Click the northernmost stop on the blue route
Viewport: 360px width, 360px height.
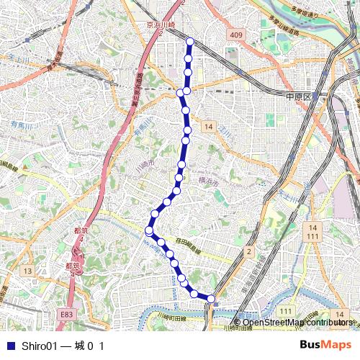point(189,41)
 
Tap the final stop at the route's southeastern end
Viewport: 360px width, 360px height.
point(211,298)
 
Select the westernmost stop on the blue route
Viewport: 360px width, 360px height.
point(149,230)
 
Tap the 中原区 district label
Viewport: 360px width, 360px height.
point(297,96)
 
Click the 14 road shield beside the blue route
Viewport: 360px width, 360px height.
point(209,127)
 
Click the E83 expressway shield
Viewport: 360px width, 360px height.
point(66,314)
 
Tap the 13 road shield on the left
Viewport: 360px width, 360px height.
point(27,270)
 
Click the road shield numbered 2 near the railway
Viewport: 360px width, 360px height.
point(248,251)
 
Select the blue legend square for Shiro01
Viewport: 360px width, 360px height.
point(10,346)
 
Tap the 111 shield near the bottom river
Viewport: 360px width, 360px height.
point(286,310)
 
